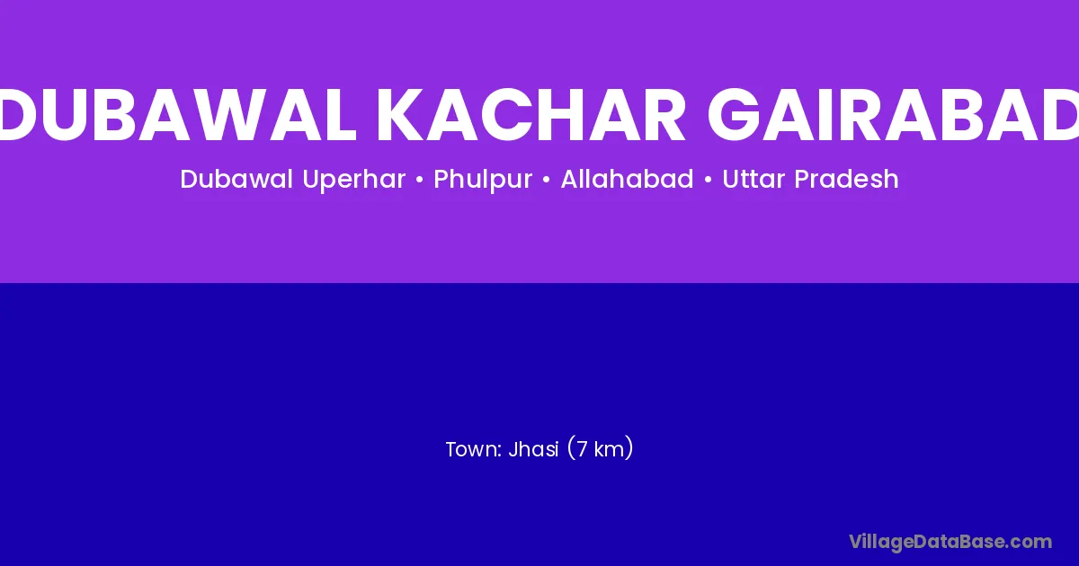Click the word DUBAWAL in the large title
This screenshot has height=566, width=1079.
[177, 115]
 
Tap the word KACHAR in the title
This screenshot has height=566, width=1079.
[531, 115]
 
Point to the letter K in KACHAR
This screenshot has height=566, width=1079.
[401, 115]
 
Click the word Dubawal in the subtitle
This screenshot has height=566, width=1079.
[236, 179]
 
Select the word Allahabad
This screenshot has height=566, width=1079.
[628, 179]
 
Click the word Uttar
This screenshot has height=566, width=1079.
[754, 179]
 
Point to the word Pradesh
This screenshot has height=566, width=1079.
[846, 179]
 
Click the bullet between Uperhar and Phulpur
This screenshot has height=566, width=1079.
[420, 180]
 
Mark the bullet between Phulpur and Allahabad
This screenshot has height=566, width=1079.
[547, 180]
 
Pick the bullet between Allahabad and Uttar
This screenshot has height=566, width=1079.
[709, 180]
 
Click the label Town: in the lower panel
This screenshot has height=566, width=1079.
[475, 449]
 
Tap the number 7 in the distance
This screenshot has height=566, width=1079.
[582, 449]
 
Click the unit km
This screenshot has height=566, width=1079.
[609, 449]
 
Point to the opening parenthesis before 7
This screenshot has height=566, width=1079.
[571, 448]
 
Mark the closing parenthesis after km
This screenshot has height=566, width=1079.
[629, 448]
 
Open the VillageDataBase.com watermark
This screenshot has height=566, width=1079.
[950, 543]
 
